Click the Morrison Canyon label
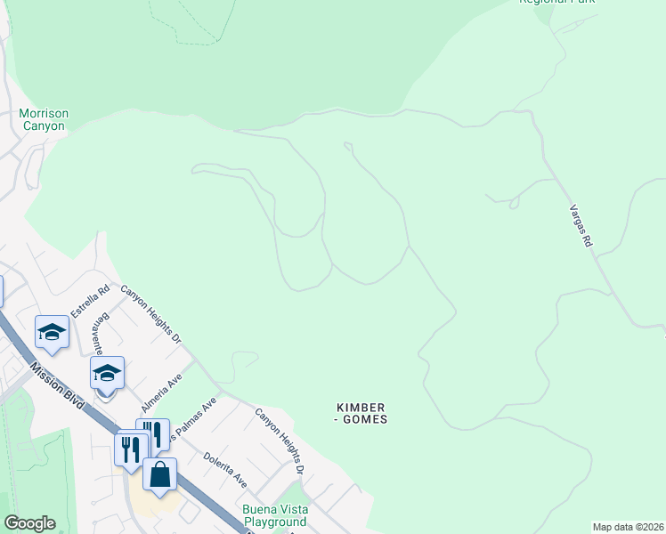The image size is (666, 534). coord(44,120)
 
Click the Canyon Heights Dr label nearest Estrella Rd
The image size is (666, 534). coord(151,315)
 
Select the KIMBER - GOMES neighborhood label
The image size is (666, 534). coord(361,413)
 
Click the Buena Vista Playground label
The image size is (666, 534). coord(275,515)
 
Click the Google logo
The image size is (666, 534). coord(29,523)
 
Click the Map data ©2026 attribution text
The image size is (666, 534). coord(628,527)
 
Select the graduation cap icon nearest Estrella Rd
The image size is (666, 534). coord(52,332)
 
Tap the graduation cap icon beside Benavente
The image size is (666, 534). coord(107,373)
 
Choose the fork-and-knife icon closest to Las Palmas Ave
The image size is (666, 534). coord(153,433)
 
